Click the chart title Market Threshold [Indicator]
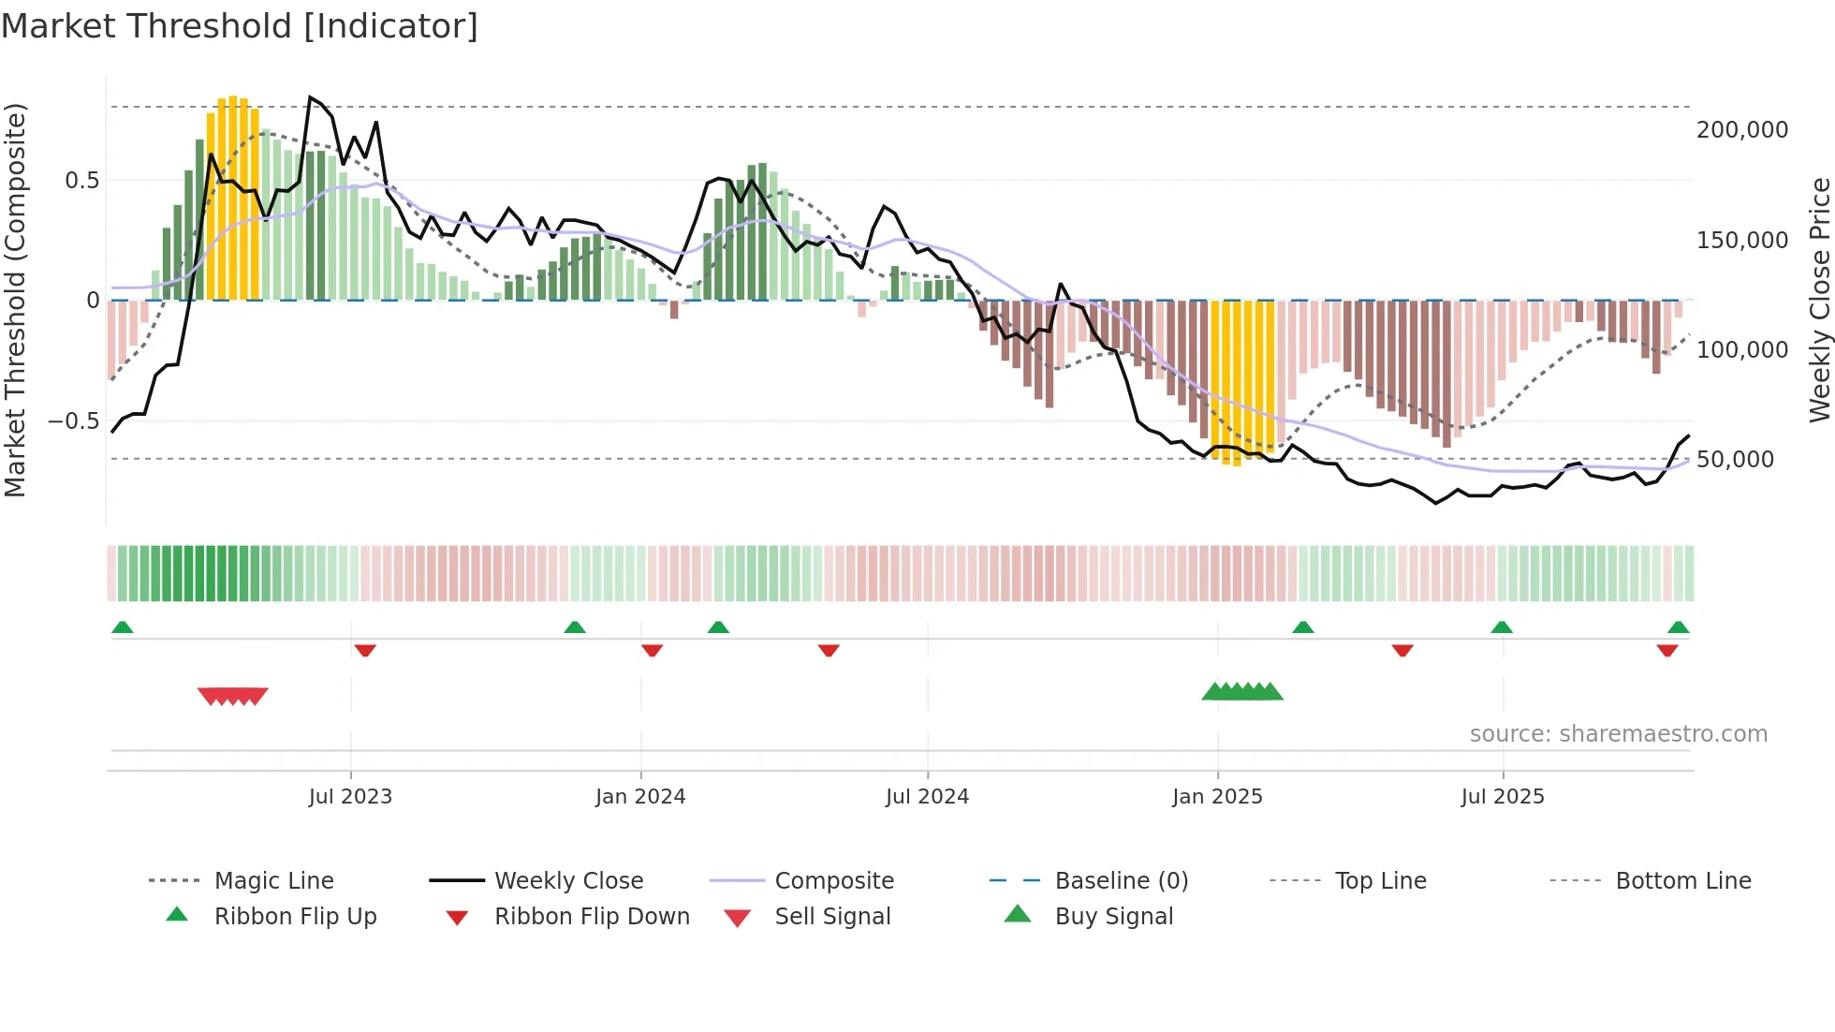click(x=240, y=26)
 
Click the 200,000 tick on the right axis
click(x=1741, y=130)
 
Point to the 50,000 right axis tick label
click(x=1734, y=460)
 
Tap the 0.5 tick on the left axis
click(x=81, y=181)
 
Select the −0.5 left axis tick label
click(x=73, y=421)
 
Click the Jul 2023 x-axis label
click(x=350, y=797)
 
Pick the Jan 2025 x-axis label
click(x=1217, y=797)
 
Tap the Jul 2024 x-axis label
click(x=927, y=797)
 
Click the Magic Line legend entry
click(x=273, y=881)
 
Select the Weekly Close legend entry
click(x=568, y=881)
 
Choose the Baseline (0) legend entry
click(x=1121, y=881)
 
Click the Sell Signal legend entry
click(x=831, y=917)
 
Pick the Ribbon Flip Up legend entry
click(x=295, y=917)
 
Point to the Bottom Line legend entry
click(x=1682, y=881)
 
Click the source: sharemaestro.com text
click(x=1618, y=734)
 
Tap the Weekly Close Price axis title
click(x=1819, y=300)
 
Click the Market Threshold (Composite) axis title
click(x=15, y=300)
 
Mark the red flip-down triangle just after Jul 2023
click(x=365, y=651)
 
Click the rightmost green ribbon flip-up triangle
click(x=1678, y=627)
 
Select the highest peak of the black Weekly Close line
click(x=310, y=97)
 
